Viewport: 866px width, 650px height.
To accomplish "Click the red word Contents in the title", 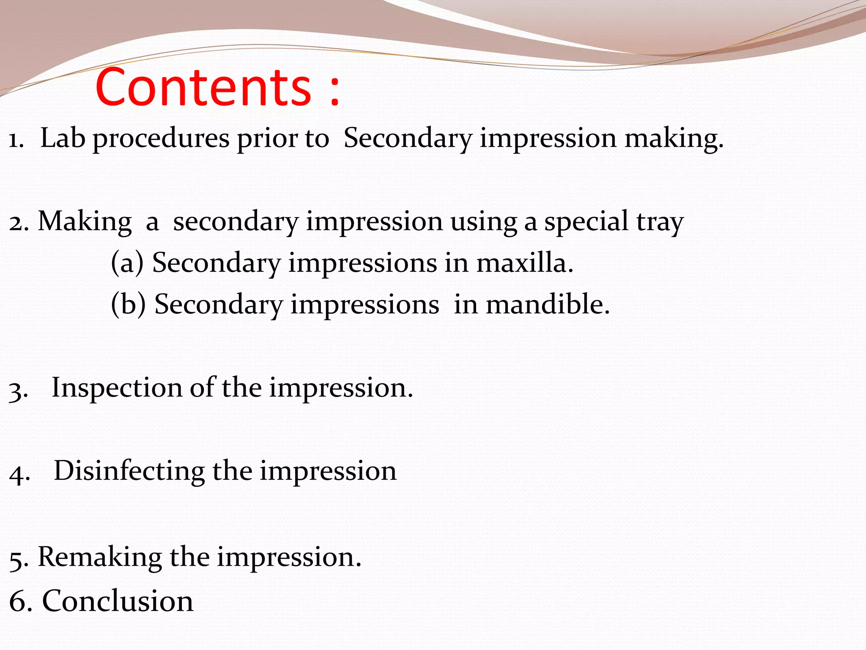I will pyautogui.click(x=203, y=87).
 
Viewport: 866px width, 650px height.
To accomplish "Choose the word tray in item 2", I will pyautogui.click(x=660, y=223).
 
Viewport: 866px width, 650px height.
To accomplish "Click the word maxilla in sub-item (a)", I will pyautogui.click(x=524, y=263).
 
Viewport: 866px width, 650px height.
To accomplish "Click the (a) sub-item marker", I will pyautogui.click(x=127, y=263).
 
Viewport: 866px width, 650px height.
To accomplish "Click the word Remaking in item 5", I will pyautogui.click(x=100, y=557).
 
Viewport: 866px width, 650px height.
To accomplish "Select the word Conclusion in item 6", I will pyautogui.click(x=118, y=601).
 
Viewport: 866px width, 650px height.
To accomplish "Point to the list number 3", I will pyautogui.click(x=17, y=390).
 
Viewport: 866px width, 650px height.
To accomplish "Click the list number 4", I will pyautogui.click(x=18, y=474).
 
